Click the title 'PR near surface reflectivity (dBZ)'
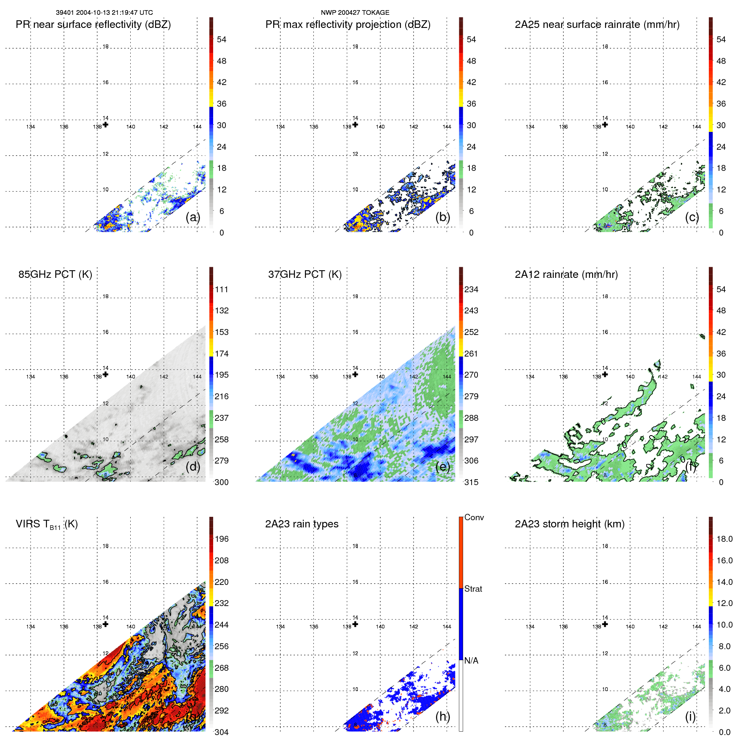point(93,25)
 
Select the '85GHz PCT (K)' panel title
point(55,274)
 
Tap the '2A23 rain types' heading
point(302,524)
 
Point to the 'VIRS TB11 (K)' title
point(47,524)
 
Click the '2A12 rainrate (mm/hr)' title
point(566,274)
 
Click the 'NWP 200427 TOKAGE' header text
point(355,13)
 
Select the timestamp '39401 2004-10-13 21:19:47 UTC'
point(104,13)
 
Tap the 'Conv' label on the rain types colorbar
point(474,517)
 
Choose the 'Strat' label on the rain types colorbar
point(473,589)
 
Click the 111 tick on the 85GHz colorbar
point(221,289)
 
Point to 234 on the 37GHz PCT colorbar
point(471,289)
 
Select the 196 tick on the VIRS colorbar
point(221,539)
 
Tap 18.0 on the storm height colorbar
point(724,539)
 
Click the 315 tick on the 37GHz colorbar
point(471,482)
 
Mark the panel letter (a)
point(193,217)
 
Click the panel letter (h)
point(443,716)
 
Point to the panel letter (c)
point(692,217)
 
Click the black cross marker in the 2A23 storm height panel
point(605,624)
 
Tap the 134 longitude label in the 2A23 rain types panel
point(280,627)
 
